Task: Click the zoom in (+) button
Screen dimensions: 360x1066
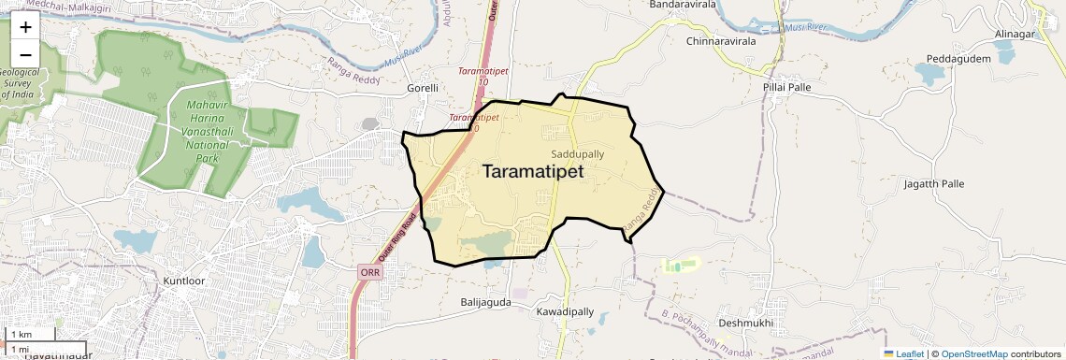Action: (x=25, y=27)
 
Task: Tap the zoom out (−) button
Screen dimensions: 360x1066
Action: (x=25, y=54)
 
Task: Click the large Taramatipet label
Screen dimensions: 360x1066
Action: (x=533, y=172)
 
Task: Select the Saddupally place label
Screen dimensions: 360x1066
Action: (x=577, y=154)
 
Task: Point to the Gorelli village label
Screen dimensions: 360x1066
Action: (x=423, y=88)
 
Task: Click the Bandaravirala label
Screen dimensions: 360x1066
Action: (x=683, y=5)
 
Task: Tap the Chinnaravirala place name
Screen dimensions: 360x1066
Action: (x=727, y=41)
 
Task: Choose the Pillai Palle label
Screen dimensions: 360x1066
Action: (x=786, y=87)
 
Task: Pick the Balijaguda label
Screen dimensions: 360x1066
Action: (x=486, y=303)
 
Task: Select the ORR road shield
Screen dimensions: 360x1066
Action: (x=368, y=271)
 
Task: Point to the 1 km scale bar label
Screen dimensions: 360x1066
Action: (x=22, y=335)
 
